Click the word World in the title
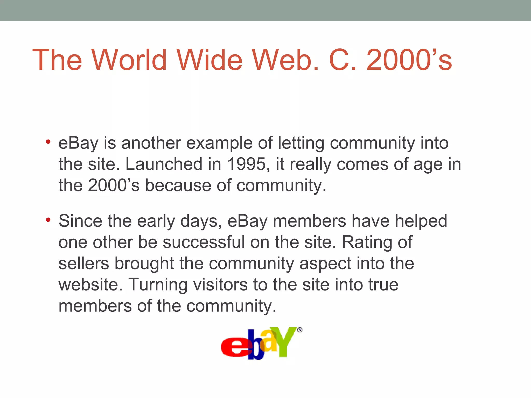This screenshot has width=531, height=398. point(129,60)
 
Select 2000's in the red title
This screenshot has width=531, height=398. point(409,60)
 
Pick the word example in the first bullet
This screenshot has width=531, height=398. point(219,144)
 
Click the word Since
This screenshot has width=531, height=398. point(80,221)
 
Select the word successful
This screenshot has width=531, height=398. point(204,242)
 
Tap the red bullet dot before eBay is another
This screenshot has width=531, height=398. point(48,142)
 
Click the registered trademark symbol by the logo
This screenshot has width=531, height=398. point(300,330)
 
